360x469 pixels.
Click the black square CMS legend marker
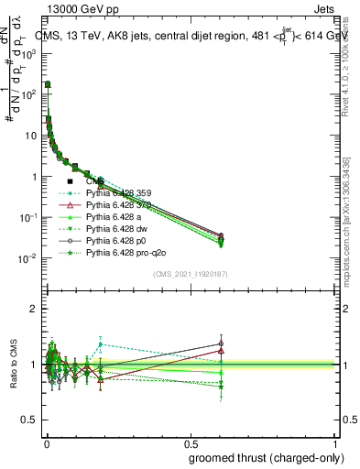click(70, 182)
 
